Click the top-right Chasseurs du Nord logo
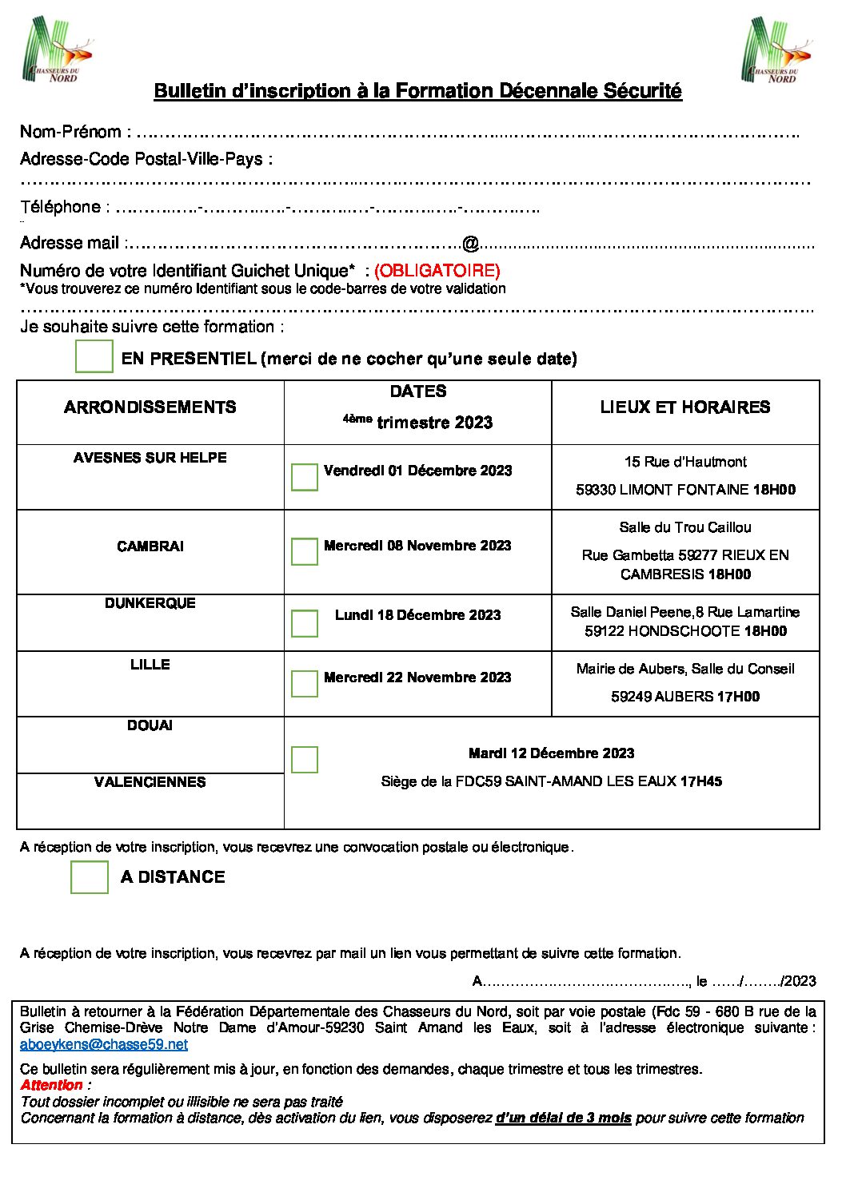[x=776, y=50]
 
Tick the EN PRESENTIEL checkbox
[x=94, y=356]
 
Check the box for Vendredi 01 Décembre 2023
[x=305, y=477]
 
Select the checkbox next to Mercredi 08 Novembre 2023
[x=305, y=551]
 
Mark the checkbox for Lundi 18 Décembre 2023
[x=305, y=623]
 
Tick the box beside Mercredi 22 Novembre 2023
[x=305, y=683]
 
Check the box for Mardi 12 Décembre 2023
[x=305, y=759]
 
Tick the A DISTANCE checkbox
[x=90, y=876]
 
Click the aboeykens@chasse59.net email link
[x=104, y=1044]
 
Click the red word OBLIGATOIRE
[x=437, y=270]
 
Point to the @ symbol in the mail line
[x=470, y=243]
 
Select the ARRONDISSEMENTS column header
[x=150, y=407]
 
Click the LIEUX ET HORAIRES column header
[x=685, y=407]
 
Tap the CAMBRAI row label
[x=150, y=546]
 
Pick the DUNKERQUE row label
[x=150, y=603]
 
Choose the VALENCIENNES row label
[x=150, y=782]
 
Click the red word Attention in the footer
[x=52, y=1085]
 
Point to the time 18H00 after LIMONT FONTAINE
[x=774, y=490]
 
